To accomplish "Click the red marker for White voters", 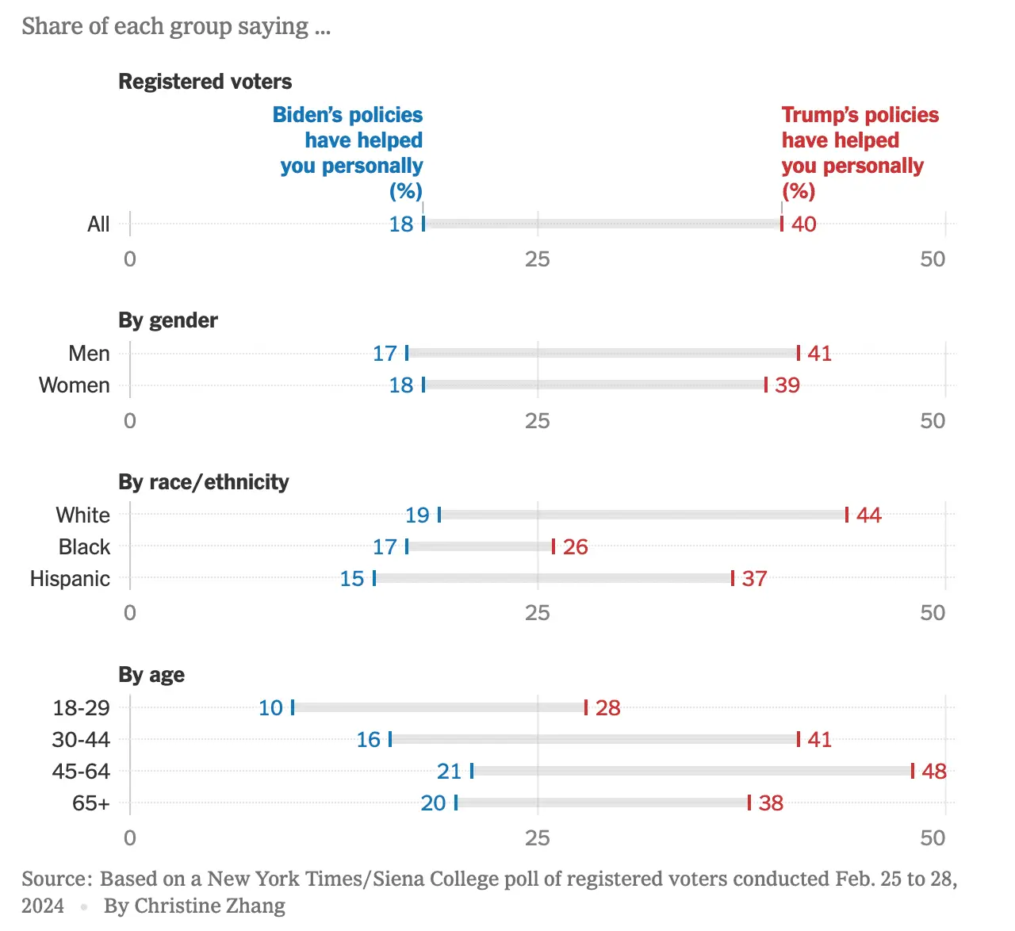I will pyautogui.click(x=847, y=515).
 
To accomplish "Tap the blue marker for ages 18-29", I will pyautogui.click(x=293, y=707).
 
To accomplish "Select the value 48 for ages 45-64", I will pyautogui.click(x=934, y=771).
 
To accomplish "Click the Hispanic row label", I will pyautogui.click(x=70, y=578).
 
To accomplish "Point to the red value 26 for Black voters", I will pyautogui.click(x=576, y=546).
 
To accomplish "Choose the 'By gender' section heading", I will pyautogui.click(x=168, y=320).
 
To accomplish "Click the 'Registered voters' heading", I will pyautogui.click(x=205, y=82).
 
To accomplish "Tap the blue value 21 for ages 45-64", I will pyautogui.click(x=449, y=771).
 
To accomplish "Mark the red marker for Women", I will pyautogui.click(x=766, y=385).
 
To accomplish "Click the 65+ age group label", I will pyautogui.click(x=90, y=803).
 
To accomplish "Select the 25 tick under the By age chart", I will pyautogui.click(x=537, y=837).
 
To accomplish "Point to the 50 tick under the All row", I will pyautogui.click(x=933, y=259).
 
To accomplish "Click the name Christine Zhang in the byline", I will pyautogui.click(x=209, y=906).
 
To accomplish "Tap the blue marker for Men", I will pyautogui.click(x=407, y=353).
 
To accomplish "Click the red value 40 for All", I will pyautogui.click(x=804, y=224).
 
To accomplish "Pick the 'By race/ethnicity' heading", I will pyautogui.click(x=204, y=482).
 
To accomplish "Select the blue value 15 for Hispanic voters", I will pyautogui.click(x=352, y=578).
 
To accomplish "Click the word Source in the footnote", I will pyautogui.click(x=56, y=879).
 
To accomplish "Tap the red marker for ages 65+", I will pyautogui.click(x=749, y=803).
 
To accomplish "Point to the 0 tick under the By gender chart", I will pyautogui.click(x=130, y=420).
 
